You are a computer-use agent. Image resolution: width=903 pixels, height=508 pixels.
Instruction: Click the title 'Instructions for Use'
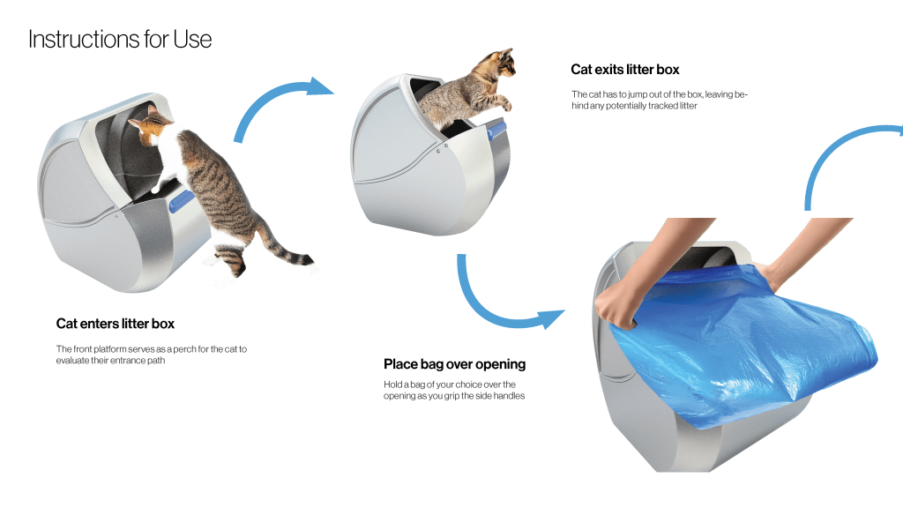(120, 39)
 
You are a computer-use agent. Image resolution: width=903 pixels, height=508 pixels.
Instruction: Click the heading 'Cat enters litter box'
(116, 324)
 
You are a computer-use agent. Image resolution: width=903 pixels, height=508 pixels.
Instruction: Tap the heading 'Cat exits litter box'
(625, 70)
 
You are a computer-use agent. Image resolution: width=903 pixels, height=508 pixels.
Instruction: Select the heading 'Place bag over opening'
(454, 364)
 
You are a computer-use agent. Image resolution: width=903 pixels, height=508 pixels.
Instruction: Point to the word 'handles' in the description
(509, 396)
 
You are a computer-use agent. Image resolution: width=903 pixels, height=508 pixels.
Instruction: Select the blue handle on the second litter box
(496, 131)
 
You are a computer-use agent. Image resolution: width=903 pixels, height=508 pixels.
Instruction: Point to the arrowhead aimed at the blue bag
(550, 318)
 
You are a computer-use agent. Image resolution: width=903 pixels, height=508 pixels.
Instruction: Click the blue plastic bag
(743, 346)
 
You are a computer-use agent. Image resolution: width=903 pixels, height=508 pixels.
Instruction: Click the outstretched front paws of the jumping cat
(504, 102)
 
